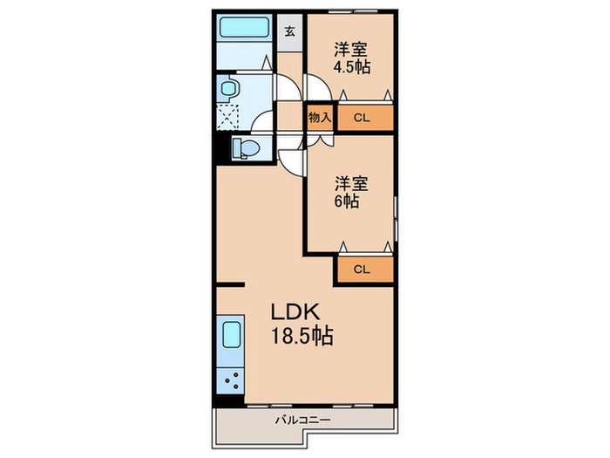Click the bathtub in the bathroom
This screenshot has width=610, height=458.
pos(245,27)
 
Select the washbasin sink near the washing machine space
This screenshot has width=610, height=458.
pos(229,87)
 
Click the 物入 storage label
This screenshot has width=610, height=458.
pos(319,117)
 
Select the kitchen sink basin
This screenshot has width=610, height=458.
pos(231,336)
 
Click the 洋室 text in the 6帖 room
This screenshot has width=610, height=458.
pos(352,183)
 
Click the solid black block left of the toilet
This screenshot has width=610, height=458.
pos(220,147)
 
